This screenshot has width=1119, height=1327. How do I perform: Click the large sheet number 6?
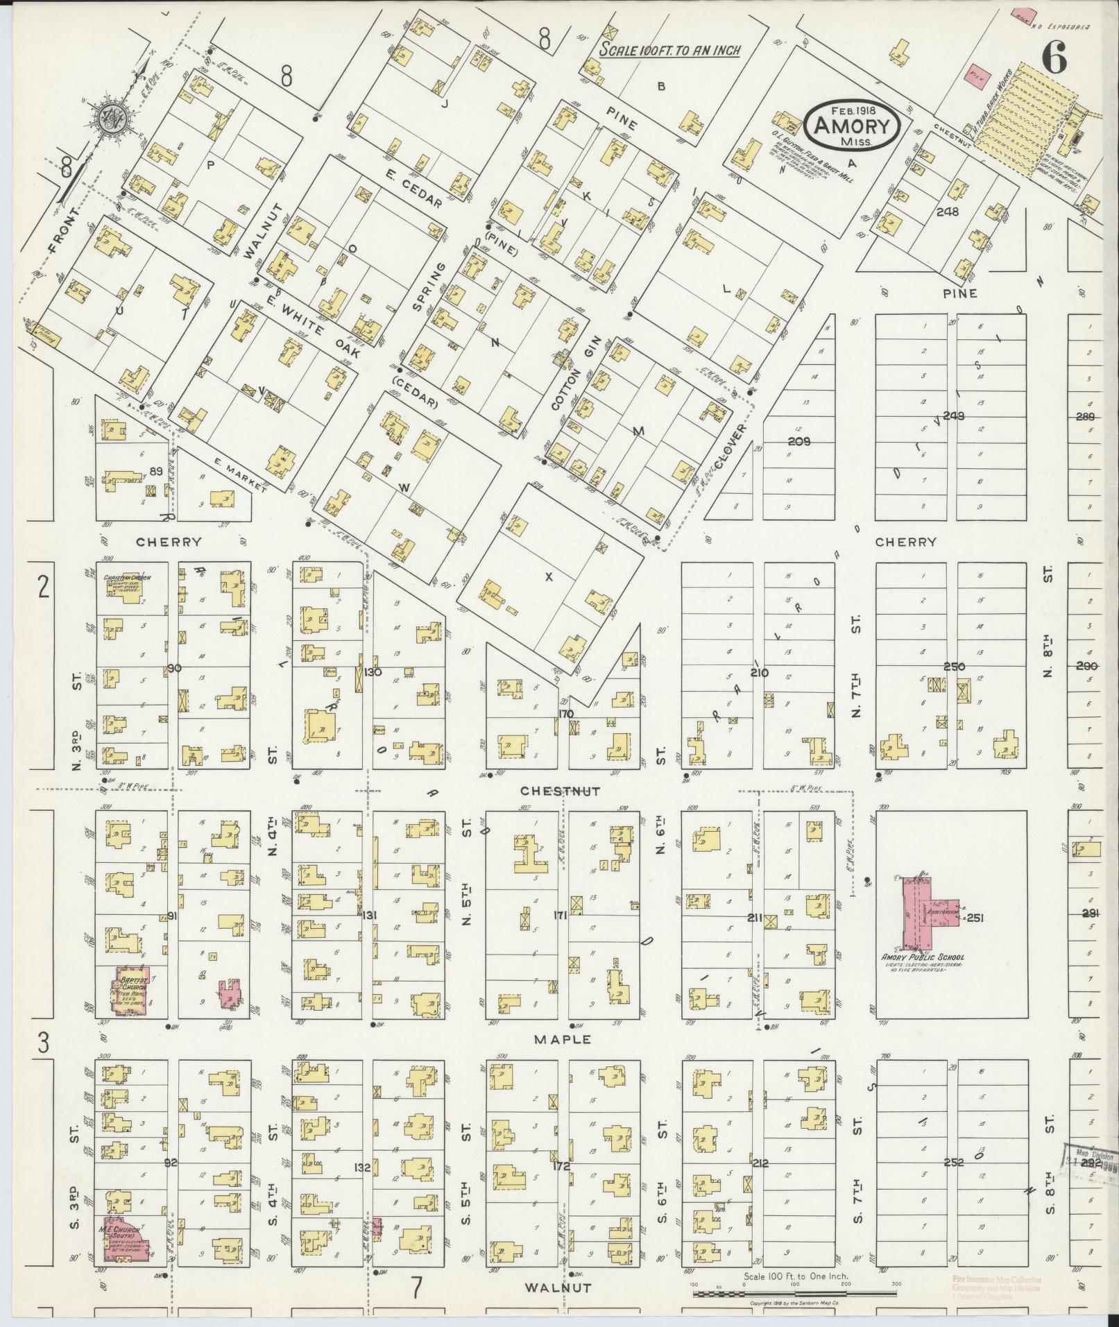coord(1052,58)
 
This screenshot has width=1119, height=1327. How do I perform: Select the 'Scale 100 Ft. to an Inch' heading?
coord(670,51)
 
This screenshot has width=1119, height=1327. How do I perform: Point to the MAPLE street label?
coord(563,1039)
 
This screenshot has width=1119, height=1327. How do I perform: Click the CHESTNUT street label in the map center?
coord(560,791)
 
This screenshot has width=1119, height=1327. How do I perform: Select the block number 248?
coord(947,212)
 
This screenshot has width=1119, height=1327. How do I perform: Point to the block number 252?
coord(954,1163)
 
